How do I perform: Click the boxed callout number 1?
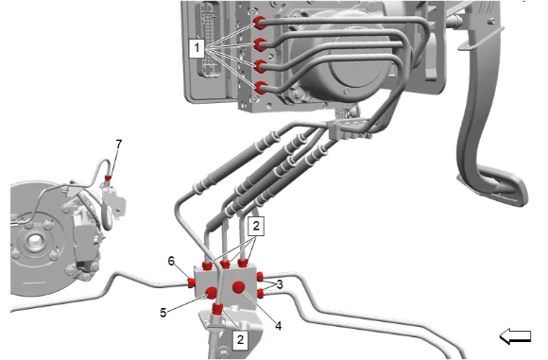click(197, 48)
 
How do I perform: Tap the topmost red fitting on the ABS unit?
click(260, 23)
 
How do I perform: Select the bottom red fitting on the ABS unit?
click(261, 87)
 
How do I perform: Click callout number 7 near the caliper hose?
click(119, 144)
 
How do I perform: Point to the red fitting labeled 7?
click(108, 179)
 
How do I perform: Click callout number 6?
click(171, 261)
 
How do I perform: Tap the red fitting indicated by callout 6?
click(192, 283)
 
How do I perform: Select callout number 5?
click(163, 313)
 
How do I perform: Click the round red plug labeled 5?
click(212, 293)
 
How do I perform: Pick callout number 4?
click(278, 326)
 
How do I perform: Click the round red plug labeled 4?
click(238, 287)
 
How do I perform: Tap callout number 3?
click(280, 284)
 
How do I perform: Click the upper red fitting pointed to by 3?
click(260, 277)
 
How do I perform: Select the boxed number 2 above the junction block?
click(256, 226)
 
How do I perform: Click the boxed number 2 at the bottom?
click(240, 340)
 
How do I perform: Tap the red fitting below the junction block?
click(217, 310)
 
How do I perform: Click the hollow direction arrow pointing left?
click(515, 336)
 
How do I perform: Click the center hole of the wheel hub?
click(35, 240)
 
